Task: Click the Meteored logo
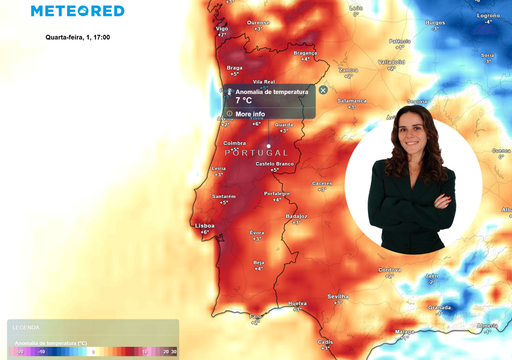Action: (77, 11)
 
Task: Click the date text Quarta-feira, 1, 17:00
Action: (80, 37)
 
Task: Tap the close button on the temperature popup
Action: (323, 90)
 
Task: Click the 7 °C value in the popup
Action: (244, 101)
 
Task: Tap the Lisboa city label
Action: (204, 225)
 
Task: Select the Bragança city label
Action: (305, 53)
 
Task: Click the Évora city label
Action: (257, 232)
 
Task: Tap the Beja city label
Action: (259, 261)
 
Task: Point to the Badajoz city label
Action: (296, 215)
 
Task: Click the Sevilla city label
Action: (338, 296)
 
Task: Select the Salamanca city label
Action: (352, 100)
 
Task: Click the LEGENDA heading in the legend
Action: (25, 327)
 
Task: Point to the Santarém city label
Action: (224, 196)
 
